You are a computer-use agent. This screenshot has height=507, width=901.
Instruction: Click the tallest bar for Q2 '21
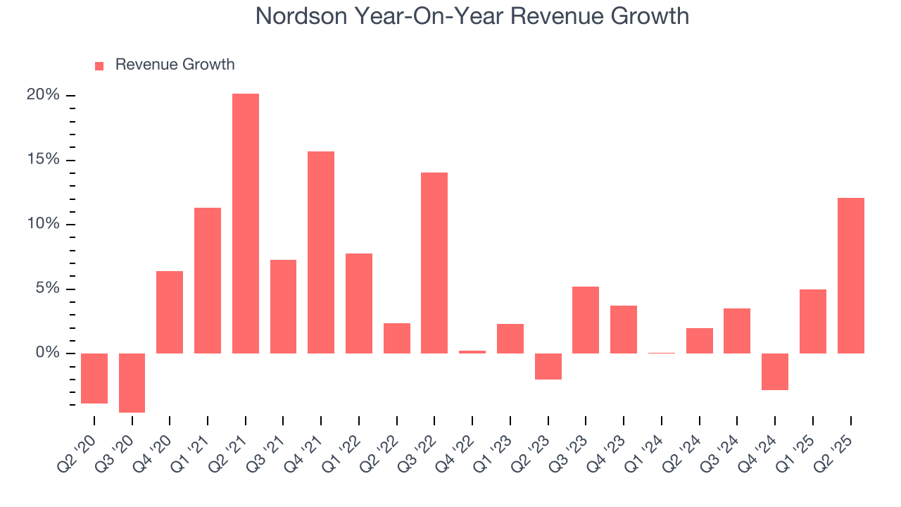click(246, 223)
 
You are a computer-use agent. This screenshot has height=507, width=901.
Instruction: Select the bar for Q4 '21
click(321, 252)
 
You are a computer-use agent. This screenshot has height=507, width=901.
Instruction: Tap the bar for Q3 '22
click(434, 263)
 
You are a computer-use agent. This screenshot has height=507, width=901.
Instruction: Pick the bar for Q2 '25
click(850, 275)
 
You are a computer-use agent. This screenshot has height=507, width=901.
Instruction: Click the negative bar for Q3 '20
click(132, 382)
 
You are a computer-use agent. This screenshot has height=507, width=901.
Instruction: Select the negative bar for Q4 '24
click(775, 371)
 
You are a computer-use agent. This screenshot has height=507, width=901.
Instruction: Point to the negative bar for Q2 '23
click(548, 366)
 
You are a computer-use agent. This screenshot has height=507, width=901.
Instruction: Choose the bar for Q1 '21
click(208, 280)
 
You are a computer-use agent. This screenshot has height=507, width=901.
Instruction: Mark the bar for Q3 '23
click(586, 320)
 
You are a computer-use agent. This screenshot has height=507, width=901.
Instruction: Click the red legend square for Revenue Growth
click(99, 65)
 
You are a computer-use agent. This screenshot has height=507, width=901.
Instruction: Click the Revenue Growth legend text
click(175, 65)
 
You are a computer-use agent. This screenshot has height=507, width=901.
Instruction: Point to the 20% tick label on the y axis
click(43, 95)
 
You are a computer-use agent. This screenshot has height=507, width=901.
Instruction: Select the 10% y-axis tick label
click(43, 224)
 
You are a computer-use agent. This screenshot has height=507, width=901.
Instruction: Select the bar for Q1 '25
click(812, 321)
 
